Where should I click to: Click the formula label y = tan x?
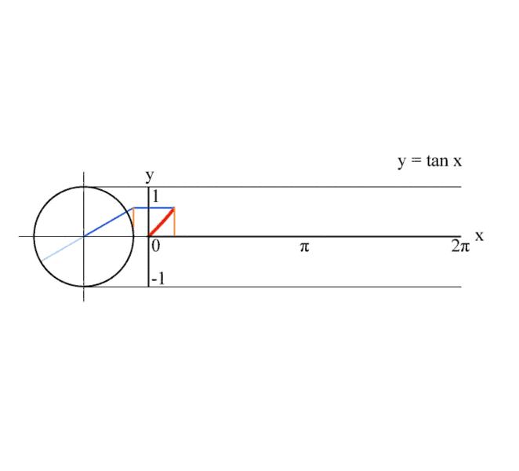pos(430,162)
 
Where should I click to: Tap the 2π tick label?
pos(460,246)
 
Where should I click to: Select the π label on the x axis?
pos(304,247)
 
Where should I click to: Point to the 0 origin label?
pos(155,246)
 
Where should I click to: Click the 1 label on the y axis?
pos(155,196)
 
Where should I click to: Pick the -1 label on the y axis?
pos(158,279)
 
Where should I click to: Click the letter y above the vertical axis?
pos(150,176)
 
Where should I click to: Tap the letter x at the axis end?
pos(479,236)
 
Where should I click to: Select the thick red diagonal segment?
pos(162,222)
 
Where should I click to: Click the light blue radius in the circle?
pos(63,249)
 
